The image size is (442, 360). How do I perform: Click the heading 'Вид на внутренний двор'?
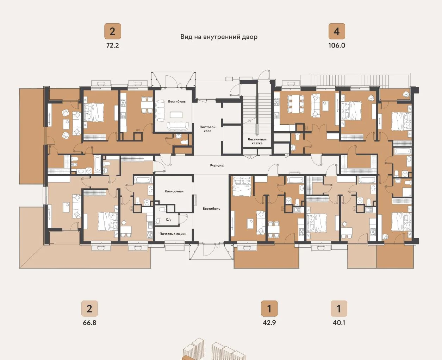(x=219, y=37)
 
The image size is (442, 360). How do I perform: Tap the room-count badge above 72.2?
(x=112, y=31)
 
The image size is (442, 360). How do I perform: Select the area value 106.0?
(x=337, y=45)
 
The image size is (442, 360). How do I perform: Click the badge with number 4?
(x=337, y=31)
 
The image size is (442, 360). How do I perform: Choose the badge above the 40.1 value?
(x=339, y=309)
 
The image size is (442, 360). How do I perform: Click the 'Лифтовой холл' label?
(x=207, y=129)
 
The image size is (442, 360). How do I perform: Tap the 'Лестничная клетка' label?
(x=257, y=141)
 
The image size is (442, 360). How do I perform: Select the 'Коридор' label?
(x=217, y=165)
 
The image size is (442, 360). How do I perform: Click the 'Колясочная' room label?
(x=174, y=191)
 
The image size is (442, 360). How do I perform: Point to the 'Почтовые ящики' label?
(x=173, y=234)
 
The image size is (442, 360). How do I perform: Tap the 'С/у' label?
(x=168, y=219)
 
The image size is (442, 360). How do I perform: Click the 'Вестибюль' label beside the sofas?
(x=177, y=101)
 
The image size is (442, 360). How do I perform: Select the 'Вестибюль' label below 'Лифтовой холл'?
(x=211, y=209)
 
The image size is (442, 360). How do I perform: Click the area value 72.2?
(x=112, y=45)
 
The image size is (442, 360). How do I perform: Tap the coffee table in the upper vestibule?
(x=176, y=115)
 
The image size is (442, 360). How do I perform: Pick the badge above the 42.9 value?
(x=269, y=309)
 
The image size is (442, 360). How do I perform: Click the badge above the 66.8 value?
(x=89, y=309)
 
